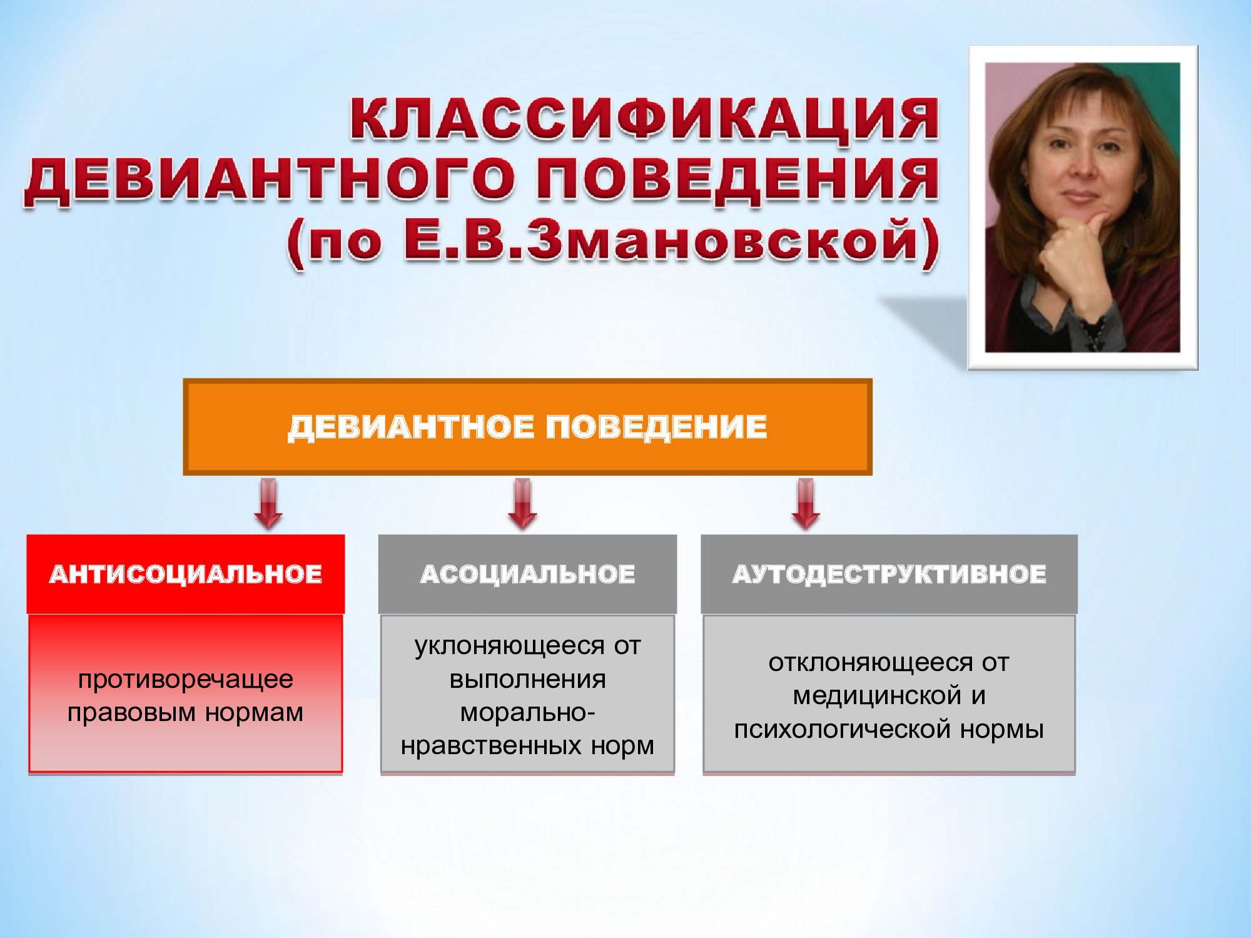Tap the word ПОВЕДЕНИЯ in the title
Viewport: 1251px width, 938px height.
(x=738, y=181)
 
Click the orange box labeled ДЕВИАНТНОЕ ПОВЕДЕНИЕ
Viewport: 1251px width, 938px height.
(x=527, y=427)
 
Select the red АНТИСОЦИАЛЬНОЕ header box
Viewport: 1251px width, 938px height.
(x=186, y=574)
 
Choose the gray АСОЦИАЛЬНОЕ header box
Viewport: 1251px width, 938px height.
(x=527, y=574)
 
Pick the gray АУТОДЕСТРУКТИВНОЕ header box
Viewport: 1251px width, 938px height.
(x=889, y=574)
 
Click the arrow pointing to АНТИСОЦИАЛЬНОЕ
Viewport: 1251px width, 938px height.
(x=268, y=504)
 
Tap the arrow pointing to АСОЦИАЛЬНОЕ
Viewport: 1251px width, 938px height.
(x=523, y=504)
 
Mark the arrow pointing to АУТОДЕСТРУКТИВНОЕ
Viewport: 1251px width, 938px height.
(x=806, y=504)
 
